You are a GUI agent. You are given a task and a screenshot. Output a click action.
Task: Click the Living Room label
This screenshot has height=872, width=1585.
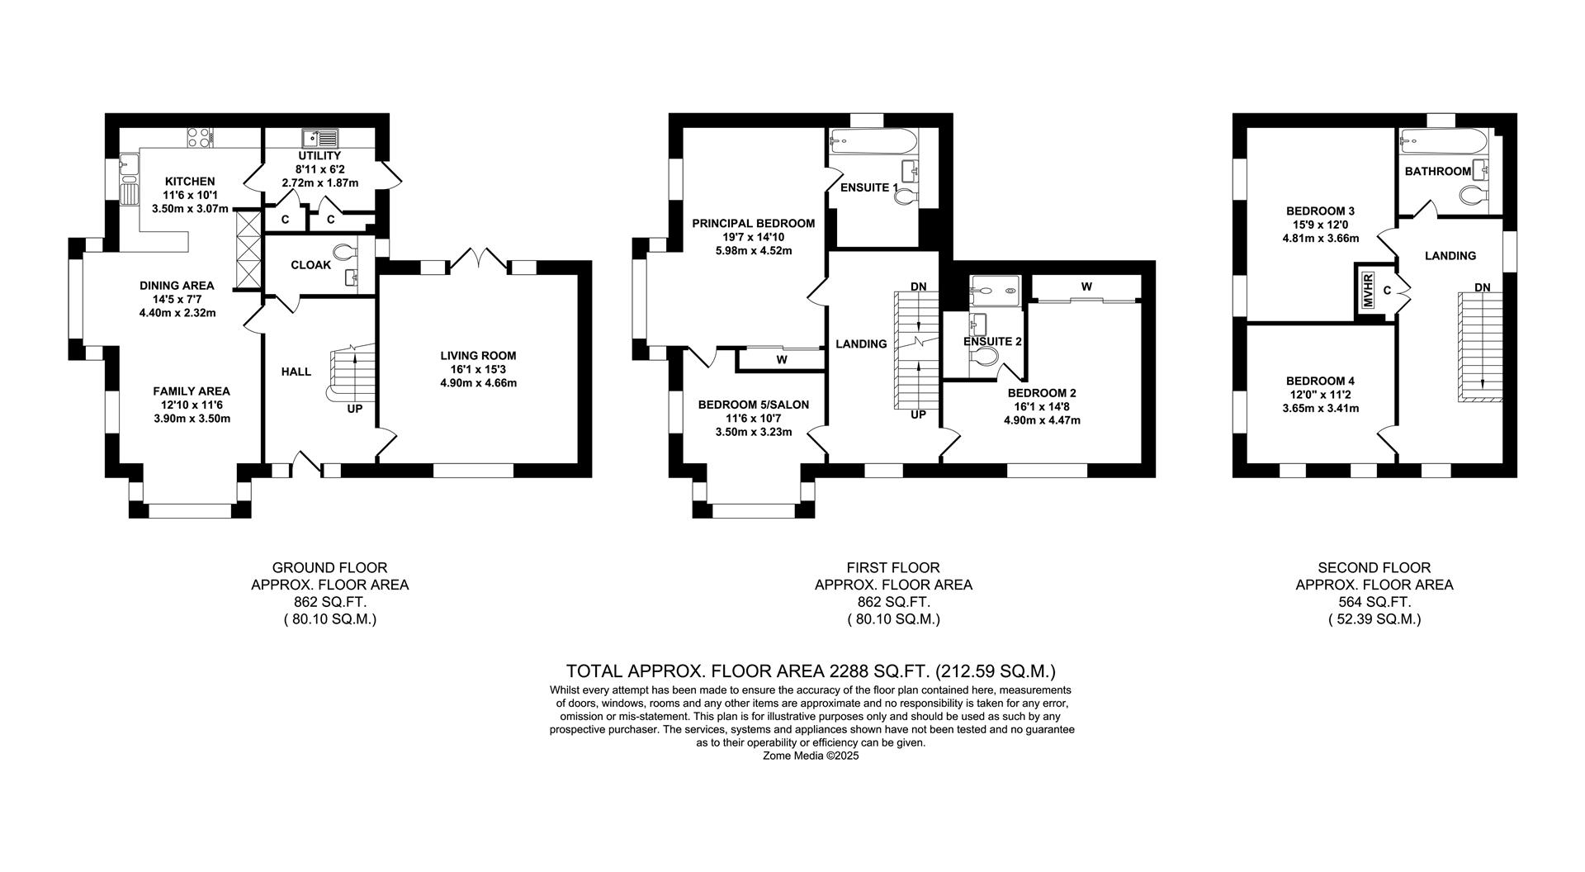tap(478, 356)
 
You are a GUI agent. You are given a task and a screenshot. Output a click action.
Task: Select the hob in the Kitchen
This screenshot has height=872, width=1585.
tap(199, 137)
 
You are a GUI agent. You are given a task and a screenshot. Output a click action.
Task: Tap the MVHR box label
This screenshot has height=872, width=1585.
tap(1368, 290)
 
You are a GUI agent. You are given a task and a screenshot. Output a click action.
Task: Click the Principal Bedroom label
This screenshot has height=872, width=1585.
tap(753, 223)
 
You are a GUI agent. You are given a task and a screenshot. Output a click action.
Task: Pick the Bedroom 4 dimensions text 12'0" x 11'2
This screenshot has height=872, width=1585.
tap(1320, 395)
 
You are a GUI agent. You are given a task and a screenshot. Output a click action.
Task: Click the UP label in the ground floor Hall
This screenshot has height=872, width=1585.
tap(354, 409)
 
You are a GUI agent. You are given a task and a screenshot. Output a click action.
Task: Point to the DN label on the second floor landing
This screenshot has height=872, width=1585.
tap(1483, 287)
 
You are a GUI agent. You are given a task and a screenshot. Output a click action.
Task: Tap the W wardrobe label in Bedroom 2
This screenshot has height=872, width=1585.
tap(1086, 287)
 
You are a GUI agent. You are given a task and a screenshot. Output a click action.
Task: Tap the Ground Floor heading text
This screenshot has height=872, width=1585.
tap(329, 567)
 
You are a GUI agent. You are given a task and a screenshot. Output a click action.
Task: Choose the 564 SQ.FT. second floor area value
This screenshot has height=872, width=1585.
tap(1374, 602)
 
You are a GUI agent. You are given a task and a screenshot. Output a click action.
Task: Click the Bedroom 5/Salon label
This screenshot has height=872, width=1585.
tap(753, 405)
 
